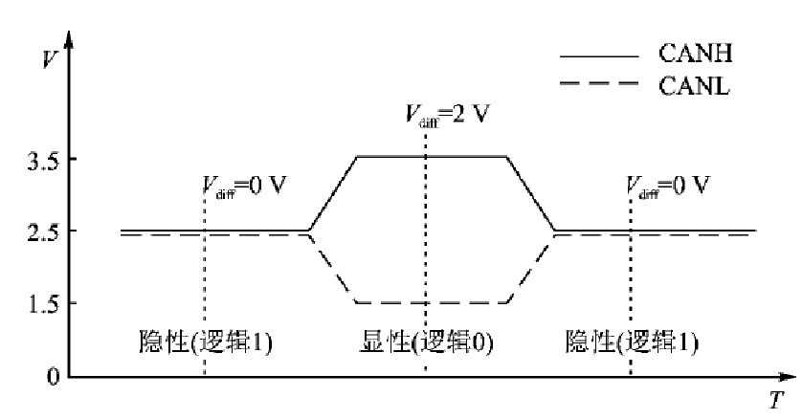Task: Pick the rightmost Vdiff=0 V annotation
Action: tap(669, 185)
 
